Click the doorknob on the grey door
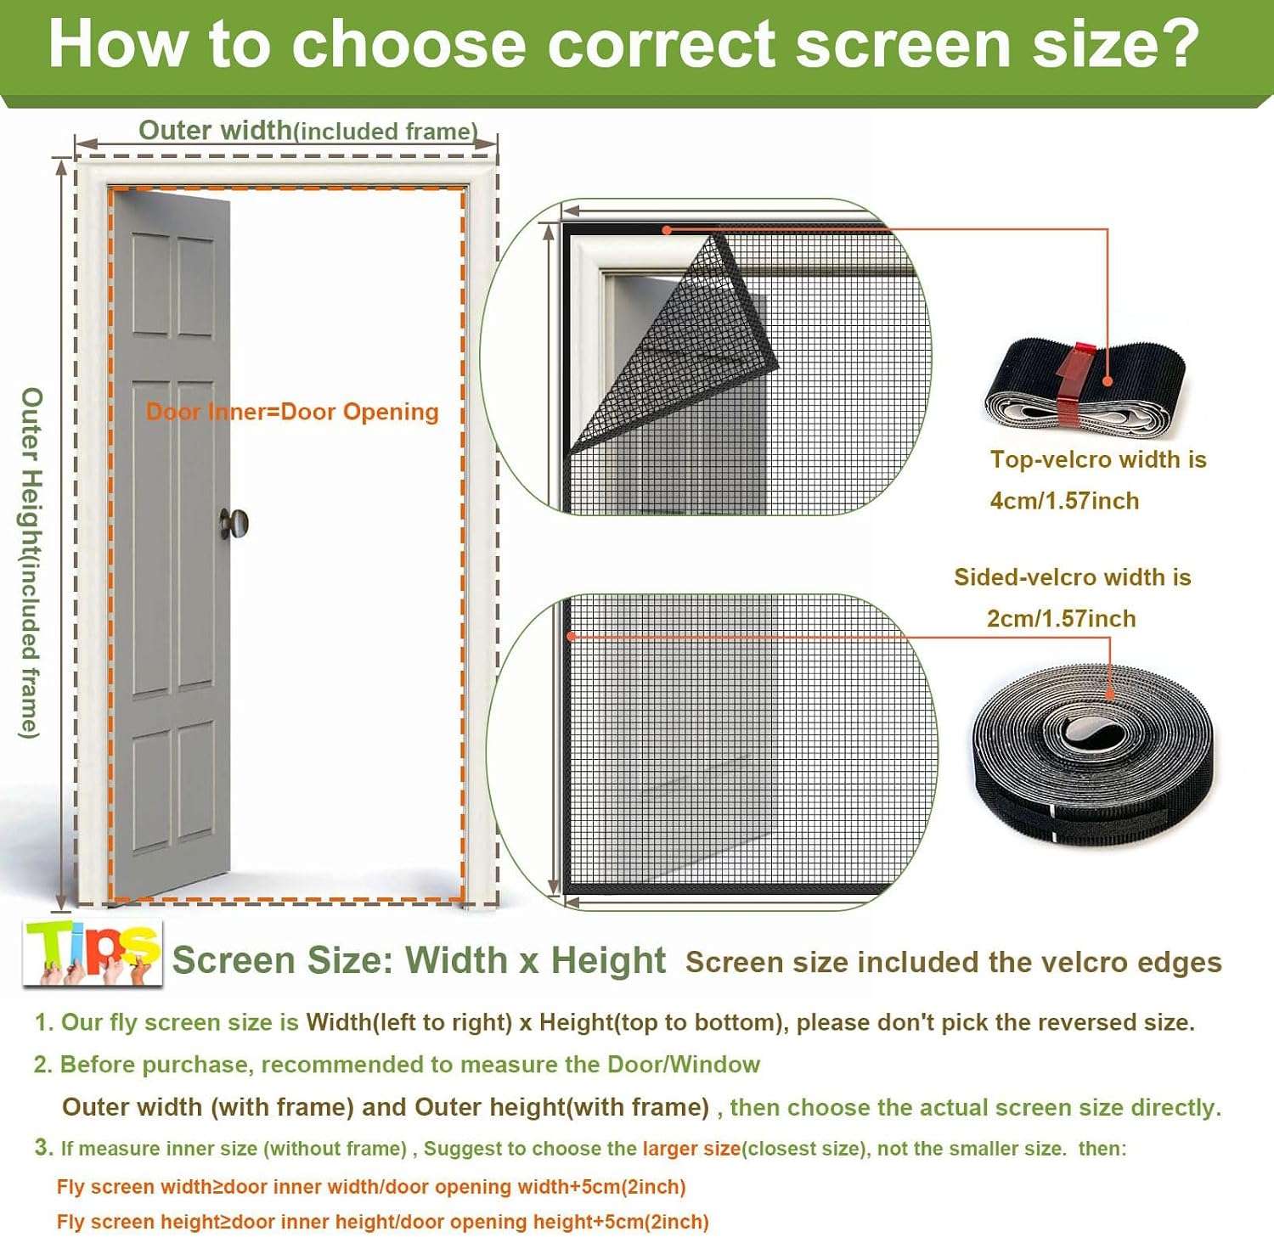coord(234,523)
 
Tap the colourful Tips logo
coord(93,953)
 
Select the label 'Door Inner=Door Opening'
coord(292,412)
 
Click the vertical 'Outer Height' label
coord(31,563)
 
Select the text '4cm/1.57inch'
coord(1064,501)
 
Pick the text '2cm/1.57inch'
coord(1061,618)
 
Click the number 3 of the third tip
coord(43,1148)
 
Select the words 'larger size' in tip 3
coord(691,1149)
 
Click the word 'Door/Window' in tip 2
coord(684,1065)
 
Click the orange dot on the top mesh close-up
coord(667,229)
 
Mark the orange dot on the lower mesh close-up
coord(572,635)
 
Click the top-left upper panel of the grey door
coord(152,285)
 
